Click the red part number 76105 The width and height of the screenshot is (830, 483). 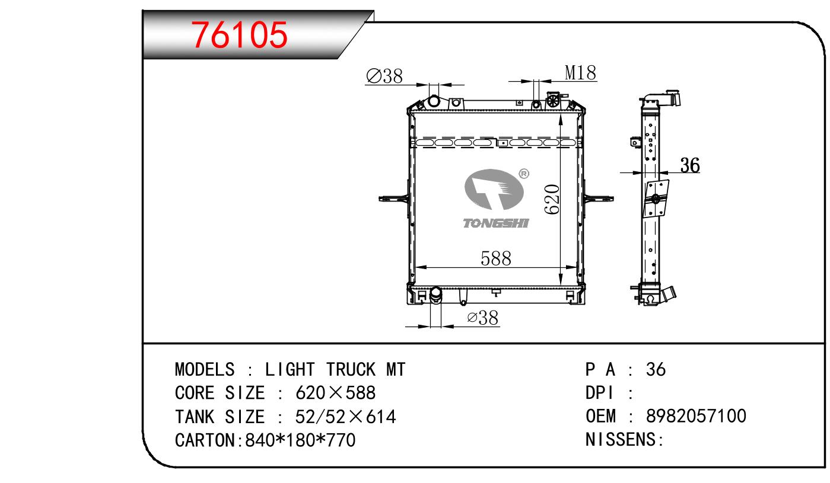click(x=239, y=35)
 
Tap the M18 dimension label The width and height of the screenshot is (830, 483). click(x=580, y=72)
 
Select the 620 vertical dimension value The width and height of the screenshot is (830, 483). click(x=552, y=199)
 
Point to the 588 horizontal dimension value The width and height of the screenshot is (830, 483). click(x=496, y=258)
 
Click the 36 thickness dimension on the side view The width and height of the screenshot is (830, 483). click(x=690, y=165)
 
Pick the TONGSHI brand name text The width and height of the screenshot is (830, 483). click(x=496, y=223)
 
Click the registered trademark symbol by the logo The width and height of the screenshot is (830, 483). click(x=524, y=174)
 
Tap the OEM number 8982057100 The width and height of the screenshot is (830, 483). click(x=696, y=416)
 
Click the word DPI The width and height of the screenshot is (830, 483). click(x=600, y=393)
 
